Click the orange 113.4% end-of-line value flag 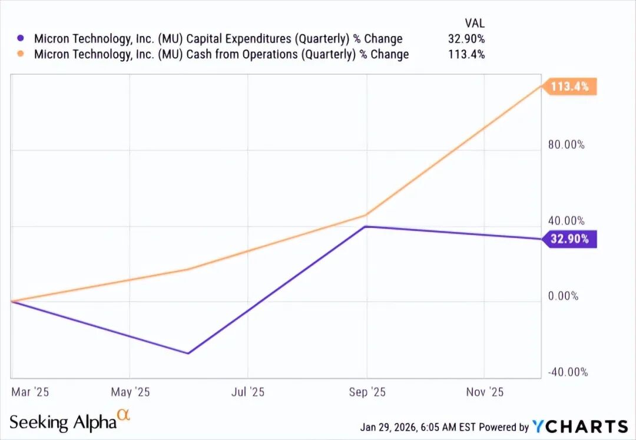[569, 87]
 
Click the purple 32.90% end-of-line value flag [569, 239]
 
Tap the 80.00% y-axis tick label [566, 144]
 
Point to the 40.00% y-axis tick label [566, 221]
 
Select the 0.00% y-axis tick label [563, 296]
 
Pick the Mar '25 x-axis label [29, 392]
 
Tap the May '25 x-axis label [130, 392]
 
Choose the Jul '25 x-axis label [248, 392]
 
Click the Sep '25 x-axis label [366, 392]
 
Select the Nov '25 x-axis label [484, 392]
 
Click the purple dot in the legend [21, 38]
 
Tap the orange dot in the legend [21, 54]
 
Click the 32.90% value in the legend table [466, 39]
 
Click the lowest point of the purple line [188, 353]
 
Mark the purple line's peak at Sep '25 [366, 226]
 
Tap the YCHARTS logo [580, 426]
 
